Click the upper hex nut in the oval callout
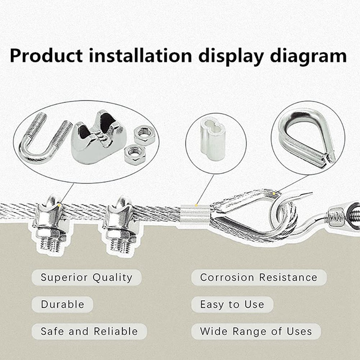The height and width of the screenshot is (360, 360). (x=145, y=135)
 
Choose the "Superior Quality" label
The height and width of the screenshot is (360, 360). (x=86, y=277)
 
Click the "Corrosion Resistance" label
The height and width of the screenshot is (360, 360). (x=258, y=277)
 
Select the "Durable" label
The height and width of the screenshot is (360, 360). (x=63, y=304)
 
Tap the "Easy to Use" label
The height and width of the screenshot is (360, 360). (x=232, y=304)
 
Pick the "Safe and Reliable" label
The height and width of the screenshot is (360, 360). (x=89, y=331)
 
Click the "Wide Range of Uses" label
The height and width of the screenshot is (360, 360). (x=256, y=332)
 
